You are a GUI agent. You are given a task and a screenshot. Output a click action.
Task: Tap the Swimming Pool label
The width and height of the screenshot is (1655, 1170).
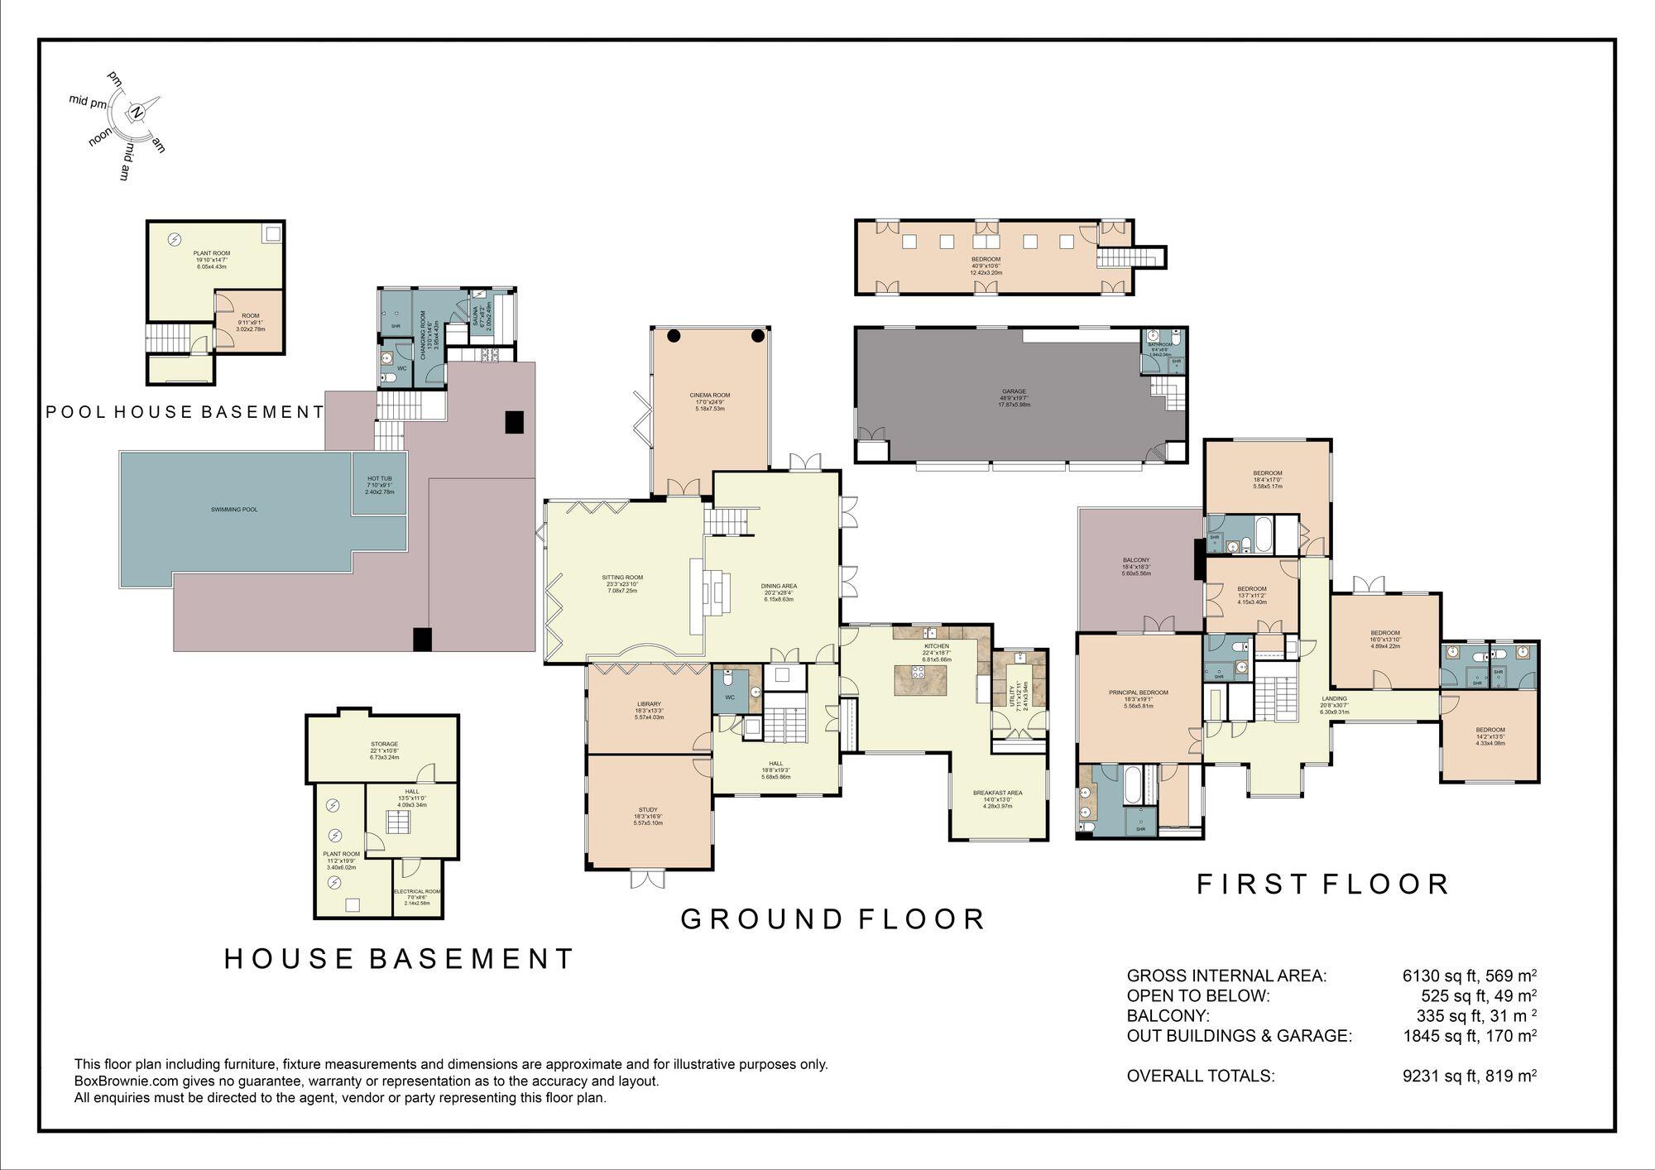[x=234, y=510]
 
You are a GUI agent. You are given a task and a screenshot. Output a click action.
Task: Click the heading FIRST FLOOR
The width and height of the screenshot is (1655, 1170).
[x=1322, y=885]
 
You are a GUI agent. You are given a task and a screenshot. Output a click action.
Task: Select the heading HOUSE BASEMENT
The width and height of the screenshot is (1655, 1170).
[x=399, y=959]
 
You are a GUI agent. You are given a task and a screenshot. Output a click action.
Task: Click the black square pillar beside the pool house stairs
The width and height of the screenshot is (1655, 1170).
[x=515, y=422]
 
